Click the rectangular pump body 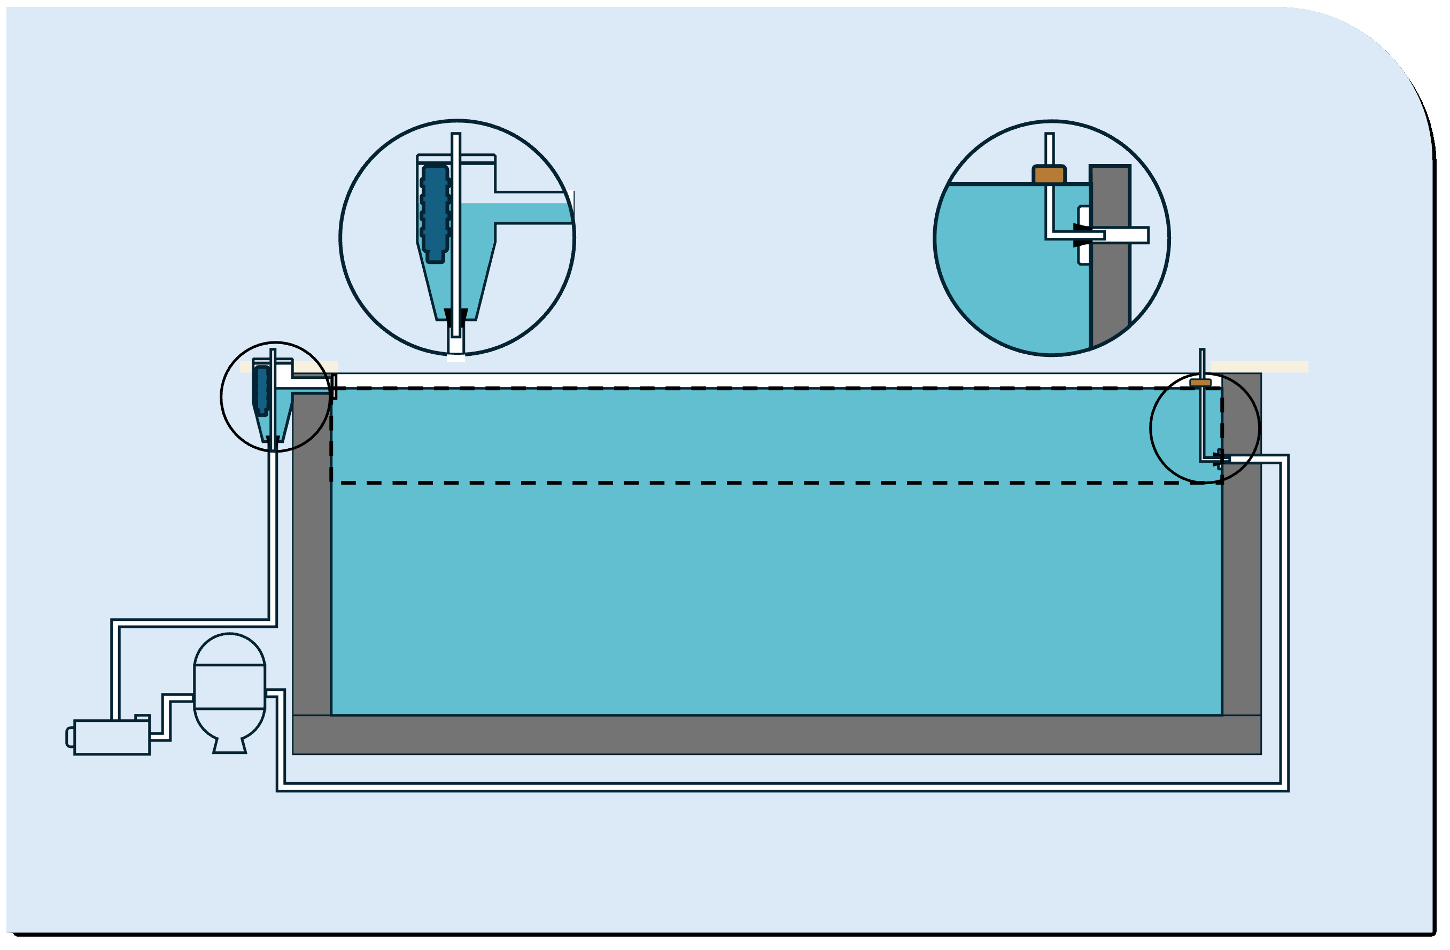[x=112, y=737]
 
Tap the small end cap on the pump [x=70, y=737]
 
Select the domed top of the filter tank [x=229, y=650]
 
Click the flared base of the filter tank [x=230, y=745]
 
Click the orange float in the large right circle [x=1049, y=175]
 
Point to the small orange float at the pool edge [x=1200, y=383]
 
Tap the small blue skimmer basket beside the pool [x=262, y=390]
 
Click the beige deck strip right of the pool [x=1259, y=367]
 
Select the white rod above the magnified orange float [x=1049, y=148]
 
